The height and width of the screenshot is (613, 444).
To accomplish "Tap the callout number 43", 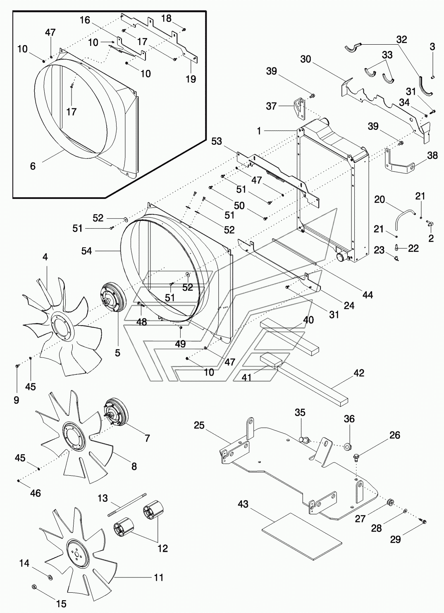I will pyautogui.click(x=243, y=504).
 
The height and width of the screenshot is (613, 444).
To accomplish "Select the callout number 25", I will pyautogui.click(x=199, y=426).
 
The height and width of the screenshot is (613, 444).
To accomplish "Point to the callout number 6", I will pyautogui.click(x=33, y=166).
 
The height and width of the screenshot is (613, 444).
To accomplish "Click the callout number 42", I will pyautogui.click(x=359, y=373).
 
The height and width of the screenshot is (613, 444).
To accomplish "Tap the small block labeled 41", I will pyautogui.click(x=271, y=359).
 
